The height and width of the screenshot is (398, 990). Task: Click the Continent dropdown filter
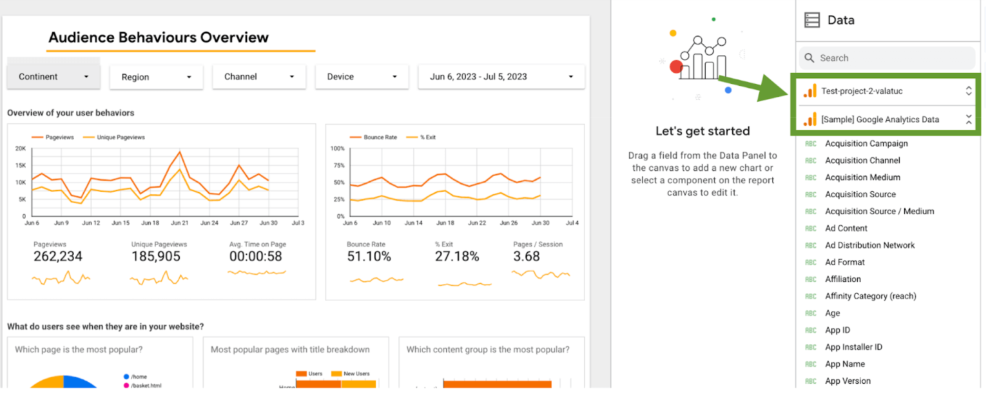point(53,77)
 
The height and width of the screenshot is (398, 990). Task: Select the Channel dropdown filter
point(259,77)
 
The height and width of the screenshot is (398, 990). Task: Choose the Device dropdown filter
point(362,77)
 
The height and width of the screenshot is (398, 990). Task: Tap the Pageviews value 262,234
point(58,257)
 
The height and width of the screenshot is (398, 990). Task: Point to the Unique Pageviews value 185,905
point(156,257)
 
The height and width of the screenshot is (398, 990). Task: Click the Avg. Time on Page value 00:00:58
point(256,257)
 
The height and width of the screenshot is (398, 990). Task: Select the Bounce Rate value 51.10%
point(369,257)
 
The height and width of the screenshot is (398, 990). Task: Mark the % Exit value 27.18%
point(457,257)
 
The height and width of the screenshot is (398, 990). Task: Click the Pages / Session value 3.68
point(527,257)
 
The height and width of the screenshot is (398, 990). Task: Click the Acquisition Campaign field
point(866,144)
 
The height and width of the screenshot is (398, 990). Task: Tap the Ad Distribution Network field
point(869,245)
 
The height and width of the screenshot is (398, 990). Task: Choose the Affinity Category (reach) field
point(870,296)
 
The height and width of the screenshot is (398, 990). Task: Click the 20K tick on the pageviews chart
point(21,148)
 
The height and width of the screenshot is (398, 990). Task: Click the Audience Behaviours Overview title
point(159,37)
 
